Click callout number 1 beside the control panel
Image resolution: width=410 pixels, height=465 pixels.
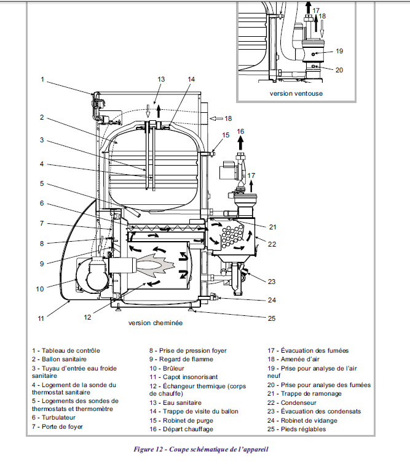click(42, 80)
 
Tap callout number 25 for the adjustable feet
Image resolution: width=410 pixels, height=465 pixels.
click(272, 318)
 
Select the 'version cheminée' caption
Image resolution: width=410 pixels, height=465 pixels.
click(156, 323)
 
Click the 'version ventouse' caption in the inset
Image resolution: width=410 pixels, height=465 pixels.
click(296, 93)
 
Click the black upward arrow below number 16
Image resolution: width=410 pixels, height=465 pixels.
click(240, 143)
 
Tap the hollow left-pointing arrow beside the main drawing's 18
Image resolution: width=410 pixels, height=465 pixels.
click(216, 118)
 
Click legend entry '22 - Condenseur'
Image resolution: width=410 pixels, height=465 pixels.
click(292, 402)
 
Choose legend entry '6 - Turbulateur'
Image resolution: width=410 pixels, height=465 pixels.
click(53, 418)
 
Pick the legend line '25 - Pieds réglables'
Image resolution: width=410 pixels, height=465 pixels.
click(296, 429)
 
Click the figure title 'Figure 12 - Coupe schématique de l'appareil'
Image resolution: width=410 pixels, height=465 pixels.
click(201, 449)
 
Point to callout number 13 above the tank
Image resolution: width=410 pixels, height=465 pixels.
click(161, 80)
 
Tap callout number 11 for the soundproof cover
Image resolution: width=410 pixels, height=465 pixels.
click(41, 318)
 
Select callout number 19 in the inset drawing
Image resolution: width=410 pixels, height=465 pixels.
click(339, 52)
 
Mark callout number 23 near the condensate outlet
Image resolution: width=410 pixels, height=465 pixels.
click(272, 282)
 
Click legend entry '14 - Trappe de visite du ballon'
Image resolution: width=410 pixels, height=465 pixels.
click(194, 412)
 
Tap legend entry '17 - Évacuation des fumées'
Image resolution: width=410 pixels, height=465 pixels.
click(308, 350)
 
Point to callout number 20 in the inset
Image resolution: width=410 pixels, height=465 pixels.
click(339, 71)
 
